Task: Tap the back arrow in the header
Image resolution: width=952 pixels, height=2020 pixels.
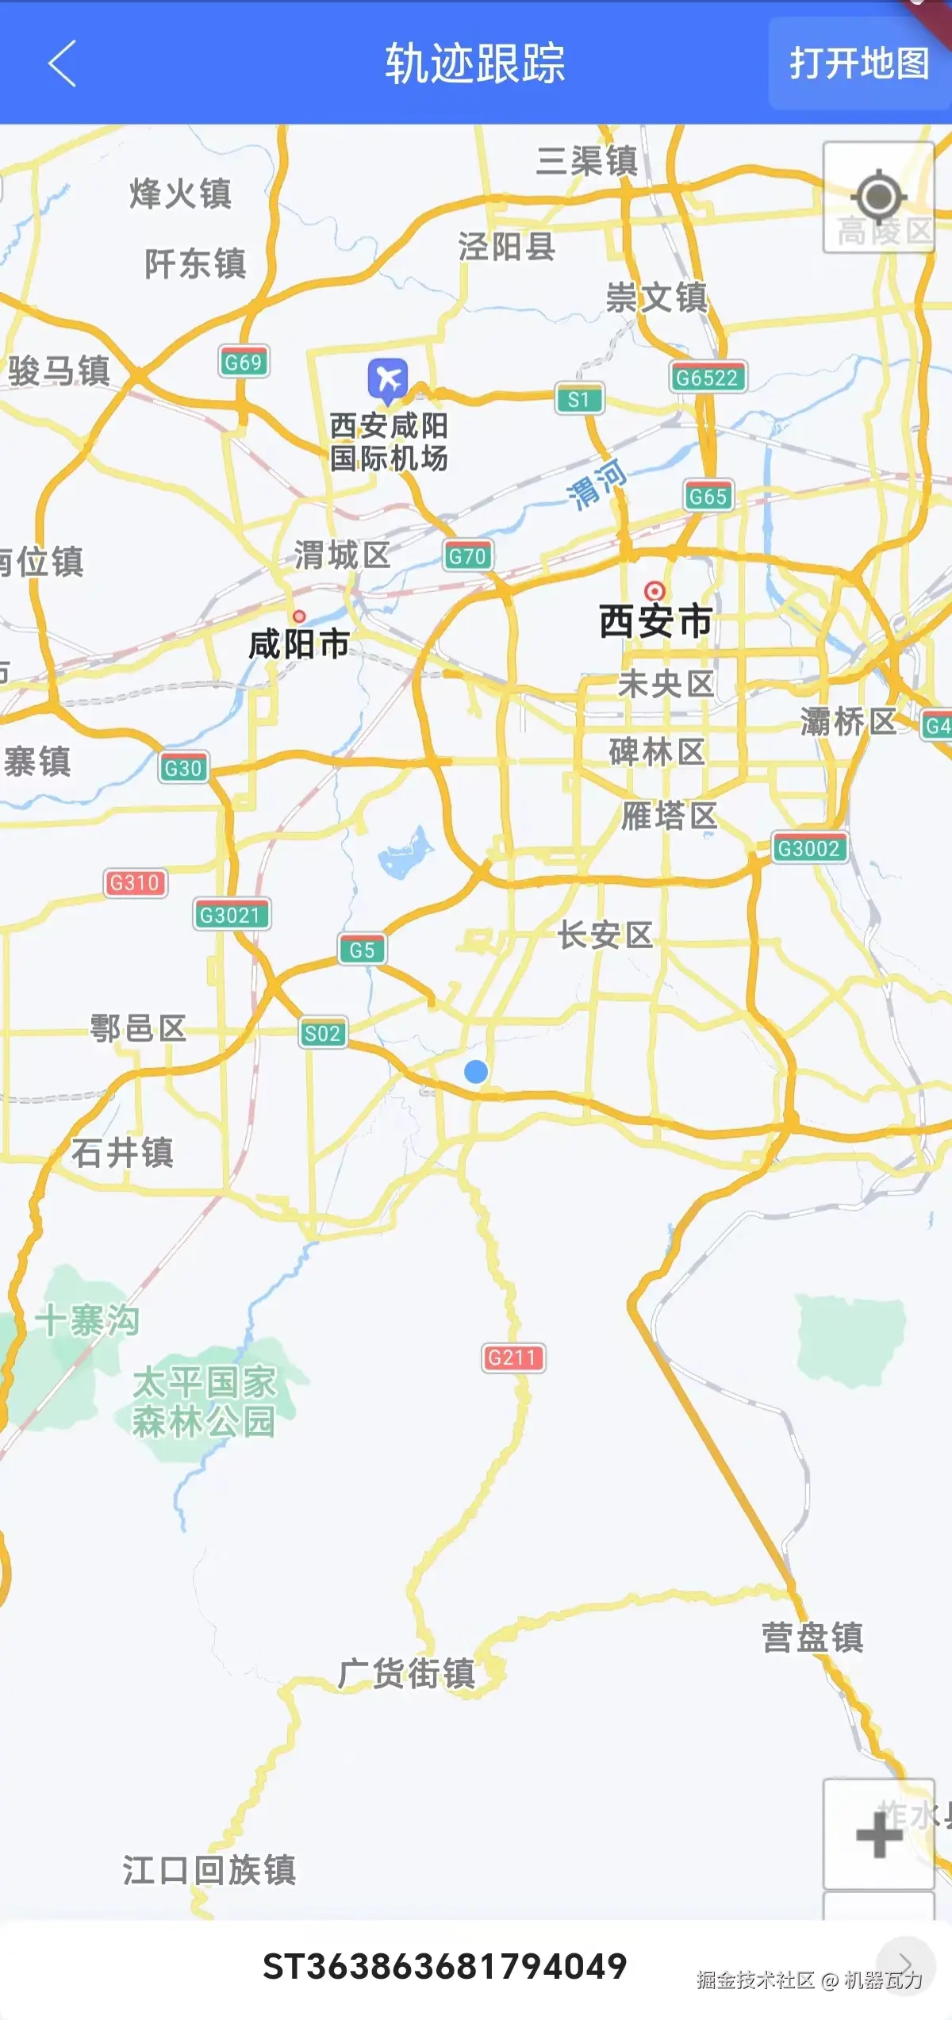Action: point(62,63)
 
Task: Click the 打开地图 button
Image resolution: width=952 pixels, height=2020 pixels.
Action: point(859,63)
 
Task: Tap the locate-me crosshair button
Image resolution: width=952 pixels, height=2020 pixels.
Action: point(878,197)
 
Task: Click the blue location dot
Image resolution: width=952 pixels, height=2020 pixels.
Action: point(476,1072)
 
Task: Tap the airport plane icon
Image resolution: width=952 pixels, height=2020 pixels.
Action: point(388,379)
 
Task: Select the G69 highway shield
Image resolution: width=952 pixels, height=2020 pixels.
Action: point(244,362)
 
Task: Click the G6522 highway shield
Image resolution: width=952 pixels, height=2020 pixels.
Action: point(707,378)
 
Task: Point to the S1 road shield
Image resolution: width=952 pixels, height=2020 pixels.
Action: point(579,399)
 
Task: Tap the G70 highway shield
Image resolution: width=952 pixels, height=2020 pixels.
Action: point(467,556)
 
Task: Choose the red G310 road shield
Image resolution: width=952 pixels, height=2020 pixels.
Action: point(135,882)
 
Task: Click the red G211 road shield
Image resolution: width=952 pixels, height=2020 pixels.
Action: point(512,1358)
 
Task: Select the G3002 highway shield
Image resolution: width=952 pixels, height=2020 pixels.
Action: point(809,848)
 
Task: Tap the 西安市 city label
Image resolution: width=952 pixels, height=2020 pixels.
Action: point(655,621)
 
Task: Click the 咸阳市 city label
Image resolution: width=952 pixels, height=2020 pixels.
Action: point(299,644)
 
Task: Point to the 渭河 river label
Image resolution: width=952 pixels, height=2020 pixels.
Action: point(597,483)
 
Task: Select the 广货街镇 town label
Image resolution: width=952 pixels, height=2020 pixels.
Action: point(407,1673)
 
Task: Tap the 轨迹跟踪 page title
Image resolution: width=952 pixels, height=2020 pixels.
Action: point(475,63)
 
